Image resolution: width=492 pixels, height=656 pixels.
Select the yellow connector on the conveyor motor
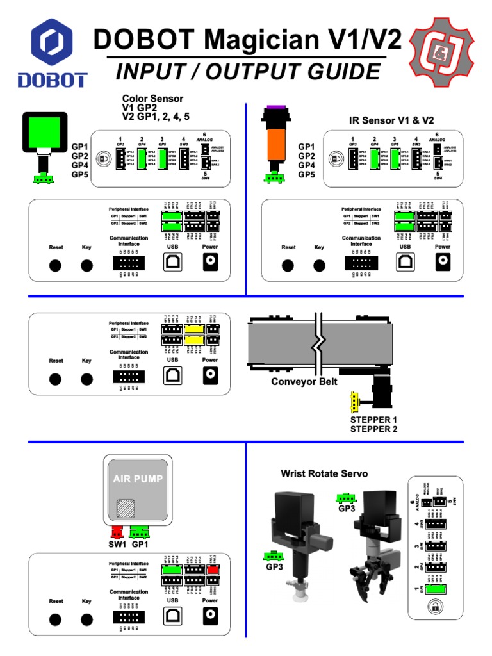pos(351,403)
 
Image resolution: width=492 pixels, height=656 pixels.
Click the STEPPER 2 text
pos(373,429)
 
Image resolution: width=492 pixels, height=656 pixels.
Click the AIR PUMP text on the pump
pos(138,479)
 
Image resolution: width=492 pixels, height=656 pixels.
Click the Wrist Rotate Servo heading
pos(324,473)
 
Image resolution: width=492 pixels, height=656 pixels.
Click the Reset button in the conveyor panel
pos(56,380)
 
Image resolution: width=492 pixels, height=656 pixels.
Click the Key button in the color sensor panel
pos(86,266)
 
